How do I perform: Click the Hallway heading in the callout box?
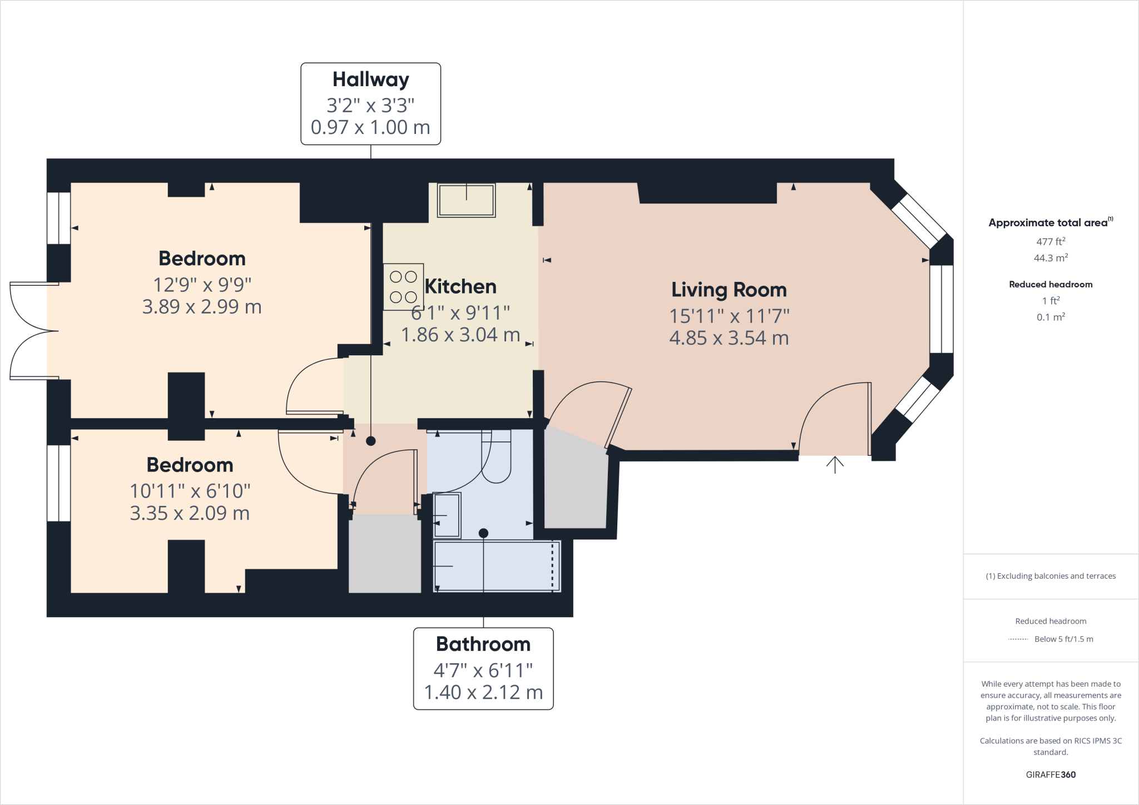pyautogui.click(x=370, y=79)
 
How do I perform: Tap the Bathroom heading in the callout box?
pyautogui.click(x=483, y=644)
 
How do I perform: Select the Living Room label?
pyautogui.click(x=729, y=290)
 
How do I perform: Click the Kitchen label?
pyautogui.click(x=460, y=286)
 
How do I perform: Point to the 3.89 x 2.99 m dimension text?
pyautogui.click(x=202, y=307)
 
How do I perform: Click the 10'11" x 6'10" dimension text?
pyautogui.click(x=190, y=491)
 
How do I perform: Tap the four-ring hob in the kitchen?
pyautogui.click(x=403, y=287)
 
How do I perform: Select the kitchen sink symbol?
pyautogui.click(x=466, y=200)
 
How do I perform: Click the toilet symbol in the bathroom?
pyautogui.click(x=496, y=456)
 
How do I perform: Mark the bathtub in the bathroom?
pyautogui.click(x=497, y=566)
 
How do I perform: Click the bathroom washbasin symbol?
pyautogui.click(x=447, y=515)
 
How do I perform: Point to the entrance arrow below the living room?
pyautogui.click(x=834, y=464)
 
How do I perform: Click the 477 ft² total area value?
pyautogui.click(x=1050, y=241)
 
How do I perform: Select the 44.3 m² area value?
pyautogui.click(x=1050, y=258)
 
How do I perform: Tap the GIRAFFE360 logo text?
pyautogui.click(x=1050, y=774)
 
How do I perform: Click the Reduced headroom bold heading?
pyautogui.click(x=1050, y=284)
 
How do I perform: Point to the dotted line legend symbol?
pyautogui.click(x=1018, y=639)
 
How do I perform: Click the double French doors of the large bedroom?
pyautogui.click(x=33, y=331)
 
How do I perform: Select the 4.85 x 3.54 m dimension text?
pyautogui.click(x=729, y=338)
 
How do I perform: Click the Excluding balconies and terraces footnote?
pyautogui.click(x=1050, y=576)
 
